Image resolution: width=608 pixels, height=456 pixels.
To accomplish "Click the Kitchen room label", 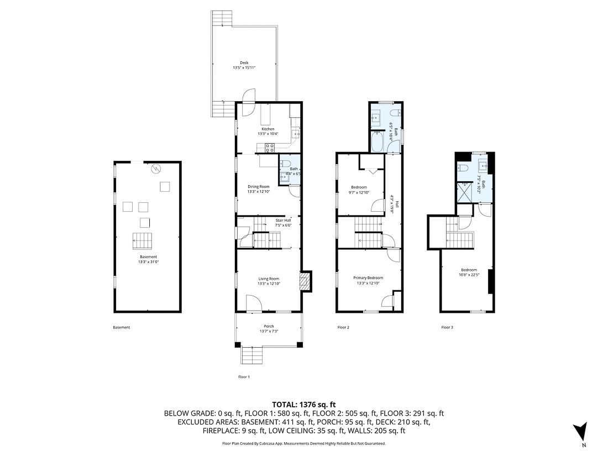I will [268, 129].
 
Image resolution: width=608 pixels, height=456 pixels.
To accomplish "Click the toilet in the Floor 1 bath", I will [286, 164].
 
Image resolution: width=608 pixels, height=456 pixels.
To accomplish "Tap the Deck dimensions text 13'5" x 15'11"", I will [244, 68].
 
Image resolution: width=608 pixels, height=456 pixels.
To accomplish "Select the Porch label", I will [269, 326].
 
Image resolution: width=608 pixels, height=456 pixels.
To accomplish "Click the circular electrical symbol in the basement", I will [156, 169].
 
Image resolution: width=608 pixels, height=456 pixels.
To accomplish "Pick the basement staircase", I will [143, 242].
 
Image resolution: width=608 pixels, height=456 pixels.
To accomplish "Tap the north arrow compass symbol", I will [580, 431].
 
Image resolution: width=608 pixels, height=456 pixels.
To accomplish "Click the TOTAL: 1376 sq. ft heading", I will [304, 404].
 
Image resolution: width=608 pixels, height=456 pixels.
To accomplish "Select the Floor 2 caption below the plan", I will [343, 327].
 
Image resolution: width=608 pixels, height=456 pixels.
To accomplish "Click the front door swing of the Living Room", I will [254, 302].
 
